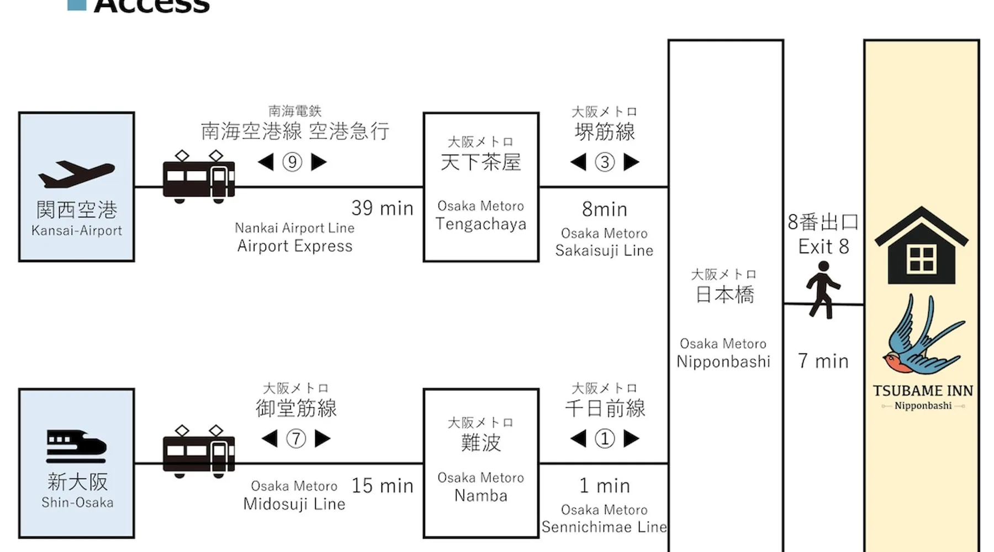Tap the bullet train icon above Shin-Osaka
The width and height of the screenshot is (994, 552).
click(x=76, y=446)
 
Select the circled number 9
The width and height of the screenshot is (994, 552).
click(x=292, y=162)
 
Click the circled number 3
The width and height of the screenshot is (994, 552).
click(x=605, y=162)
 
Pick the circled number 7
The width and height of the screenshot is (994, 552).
click(x=296, y=439)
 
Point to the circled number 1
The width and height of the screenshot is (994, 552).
click(x=605, y=439)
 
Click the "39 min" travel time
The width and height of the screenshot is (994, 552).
click(x=382, y=208)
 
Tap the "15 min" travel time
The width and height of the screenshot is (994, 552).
click(x=382, y=486)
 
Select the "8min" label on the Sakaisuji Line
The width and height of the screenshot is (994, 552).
click(x=605, y=210)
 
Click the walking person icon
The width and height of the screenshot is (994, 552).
click(x=823, y=290)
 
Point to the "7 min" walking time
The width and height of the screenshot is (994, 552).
click(x=823, y=362)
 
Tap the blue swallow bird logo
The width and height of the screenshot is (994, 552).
click(x=922, y=337)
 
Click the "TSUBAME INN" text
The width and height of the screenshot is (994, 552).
click(x=923, y=391)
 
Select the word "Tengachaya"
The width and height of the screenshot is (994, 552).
click(x=480, y=224)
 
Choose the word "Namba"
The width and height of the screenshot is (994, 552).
click(x=480, y=496)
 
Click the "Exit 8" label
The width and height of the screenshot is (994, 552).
click(x=823, y=246)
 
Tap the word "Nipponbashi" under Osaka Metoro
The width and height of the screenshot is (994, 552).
click(x=723, y=362)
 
